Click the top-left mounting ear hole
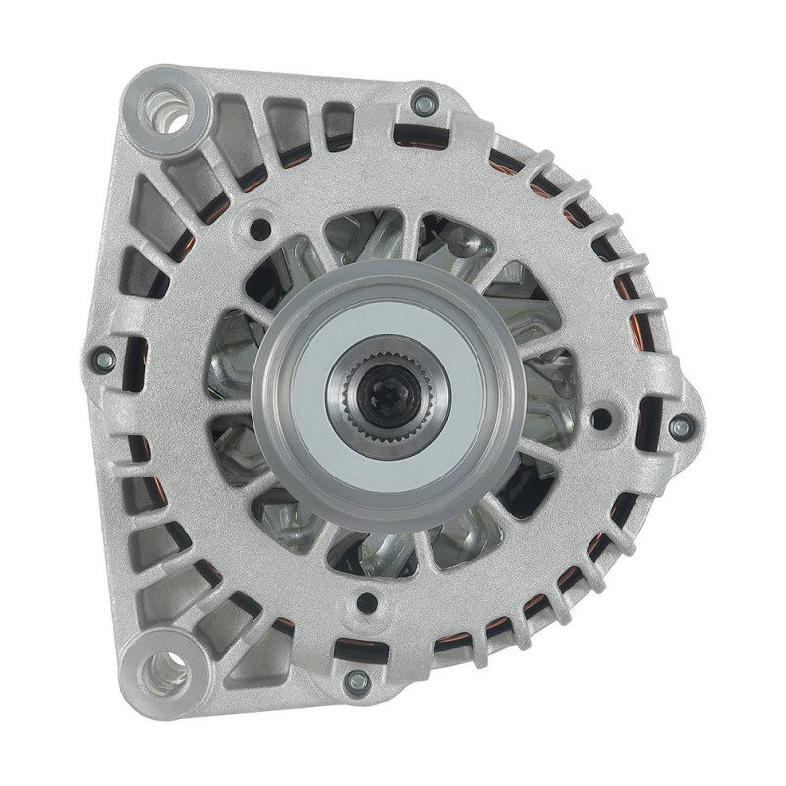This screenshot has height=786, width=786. click(169, 113)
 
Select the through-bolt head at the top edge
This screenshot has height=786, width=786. click(425, 101)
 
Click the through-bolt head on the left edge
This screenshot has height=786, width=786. click(102, 360)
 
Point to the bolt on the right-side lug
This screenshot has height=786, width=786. click(681, 426)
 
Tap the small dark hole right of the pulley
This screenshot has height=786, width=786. click(600, 419)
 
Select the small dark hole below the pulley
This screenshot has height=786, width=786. click(366, 602)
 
